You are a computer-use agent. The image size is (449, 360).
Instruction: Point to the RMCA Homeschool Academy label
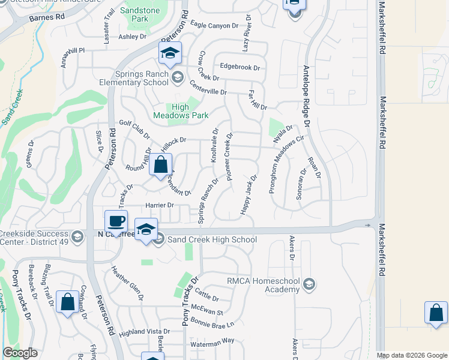point(263,285)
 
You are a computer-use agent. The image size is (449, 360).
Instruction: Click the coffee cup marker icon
point(116,221)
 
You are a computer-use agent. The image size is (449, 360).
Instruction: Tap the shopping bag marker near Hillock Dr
point(161,164)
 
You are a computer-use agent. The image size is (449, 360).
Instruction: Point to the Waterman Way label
point(212,340)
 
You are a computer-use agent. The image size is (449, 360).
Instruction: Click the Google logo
point(20,353)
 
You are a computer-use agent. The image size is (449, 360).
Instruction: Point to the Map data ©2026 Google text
point(412,355)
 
